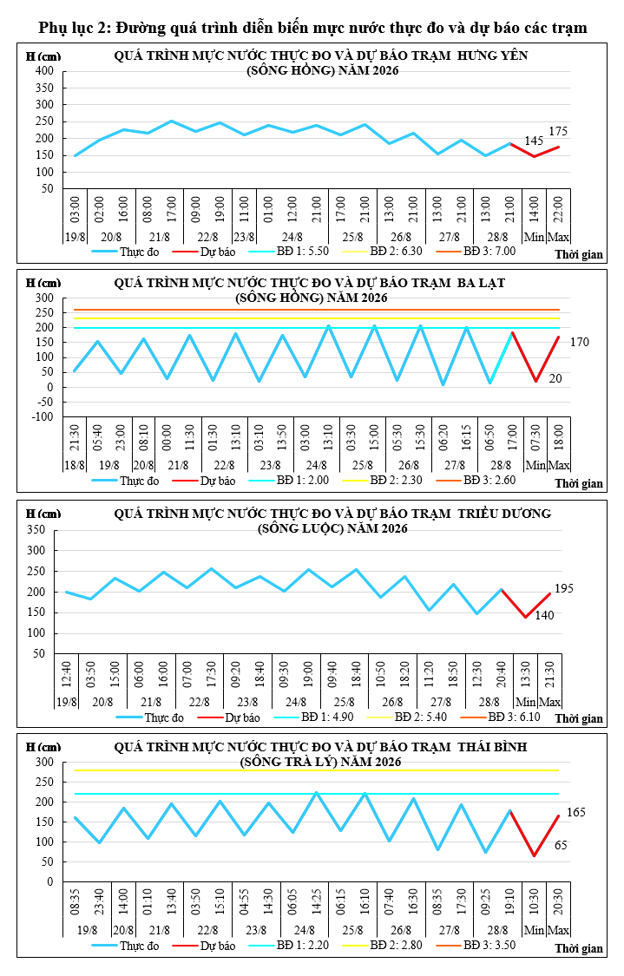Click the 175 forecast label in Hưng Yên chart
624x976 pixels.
tap(558, 131)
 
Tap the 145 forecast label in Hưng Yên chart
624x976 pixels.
tap(534, 141)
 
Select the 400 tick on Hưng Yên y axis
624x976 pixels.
tap(44, 71)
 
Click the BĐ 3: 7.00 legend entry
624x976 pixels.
tap(489, 252)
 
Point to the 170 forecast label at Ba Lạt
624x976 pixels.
tap(579, 343)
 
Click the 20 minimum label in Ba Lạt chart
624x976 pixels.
tap(555, 378)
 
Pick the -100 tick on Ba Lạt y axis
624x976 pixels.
tap(43, 417)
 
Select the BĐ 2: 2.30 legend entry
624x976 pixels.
tap(396, 481)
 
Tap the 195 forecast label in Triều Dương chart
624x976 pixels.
tap(563, 589)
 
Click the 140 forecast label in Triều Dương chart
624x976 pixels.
tap(544, 616)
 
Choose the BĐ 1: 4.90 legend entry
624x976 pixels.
tap(327, 717)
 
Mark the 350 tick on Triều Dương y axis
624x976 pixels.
tap(36, 530)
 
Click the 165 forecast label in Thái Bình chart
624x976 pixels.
tap(576, 812)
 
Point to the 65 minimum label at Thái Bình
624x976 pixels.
tap(561, 845)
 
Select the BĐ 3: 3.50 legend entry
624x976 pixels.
tap(489, 945)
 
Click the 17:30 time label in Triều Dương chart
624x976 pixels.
tap(211, 673)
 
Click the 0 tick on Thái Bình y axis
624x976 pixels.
tap(50, 882)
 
